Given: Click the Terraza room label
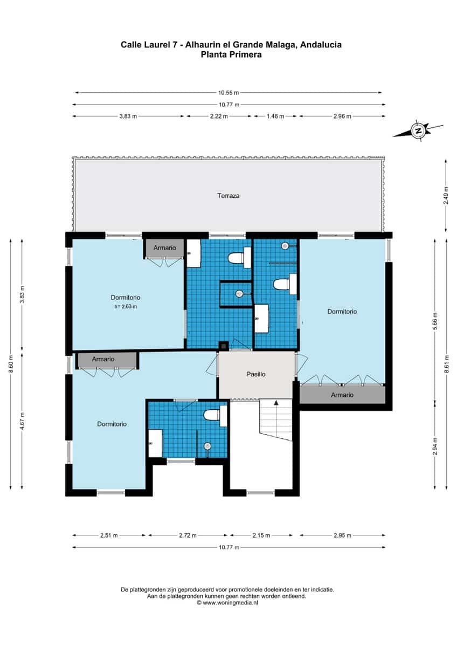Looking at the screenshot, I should [x=228, y=196].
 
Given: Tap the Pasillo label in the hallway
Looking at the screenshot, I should [x=255, y=374].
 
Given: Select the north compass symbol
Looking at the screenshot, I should [x=418, y=130].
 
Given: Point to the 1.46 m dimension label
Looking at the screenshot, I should [x=275, y=116].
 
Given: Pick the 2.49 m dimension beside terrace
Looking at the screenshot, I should [x=446, y=195].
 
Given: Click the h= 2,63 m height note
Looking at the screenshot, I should [x=126, y=307].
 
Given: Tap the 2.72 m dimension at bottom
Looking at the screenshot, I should [x=187, y=535].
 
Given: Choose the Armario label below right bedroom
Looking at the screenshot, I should [x=342, y=395].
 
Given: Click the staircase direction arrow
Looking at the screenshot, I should [x=276, y=403].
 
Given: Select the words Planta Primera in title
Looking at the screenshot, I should [x=231, y=54].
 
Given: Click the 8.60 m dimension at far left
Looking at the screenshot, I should [x=10, y=365].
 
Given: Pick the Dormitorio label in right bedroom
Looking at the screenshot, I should [x=342, y=311].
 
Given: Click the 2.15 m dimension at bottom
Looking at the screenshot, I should [x=261, y=535].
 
